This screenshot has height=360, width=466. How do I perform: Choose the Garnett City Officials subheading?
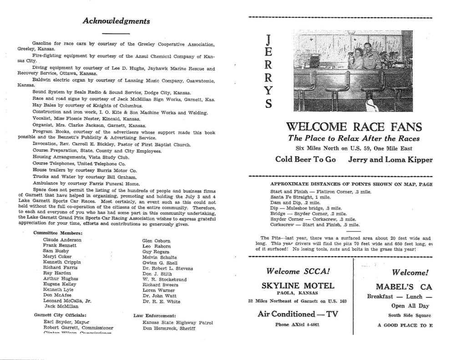60,314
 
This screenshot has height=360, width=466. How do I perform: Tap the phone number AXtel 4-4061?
298,325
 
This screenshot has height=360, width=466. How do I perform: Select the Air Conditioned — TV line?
298,314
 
